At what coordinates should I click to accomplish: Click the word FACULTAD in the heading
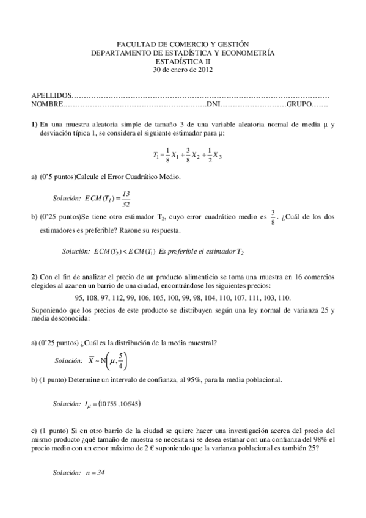[x=134, y=45]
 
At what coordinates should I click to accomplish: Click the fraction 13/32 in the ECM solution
[x=126, y=199]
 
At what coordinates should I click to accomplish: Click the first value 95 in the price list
[x=79, y=298]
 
